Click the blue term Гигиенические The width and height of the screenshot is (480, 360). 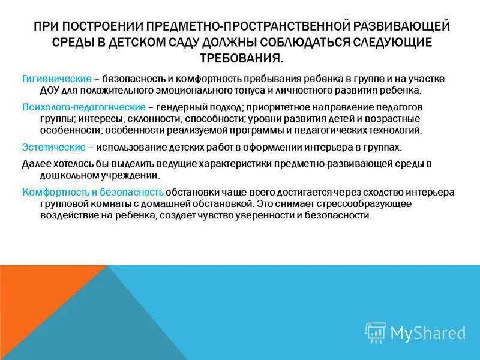pos(57,79)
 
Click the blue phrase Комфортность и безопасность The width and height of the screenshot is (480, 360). pos(93,192)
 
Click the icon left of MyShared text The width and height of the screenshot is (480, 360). pos(376,332)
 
